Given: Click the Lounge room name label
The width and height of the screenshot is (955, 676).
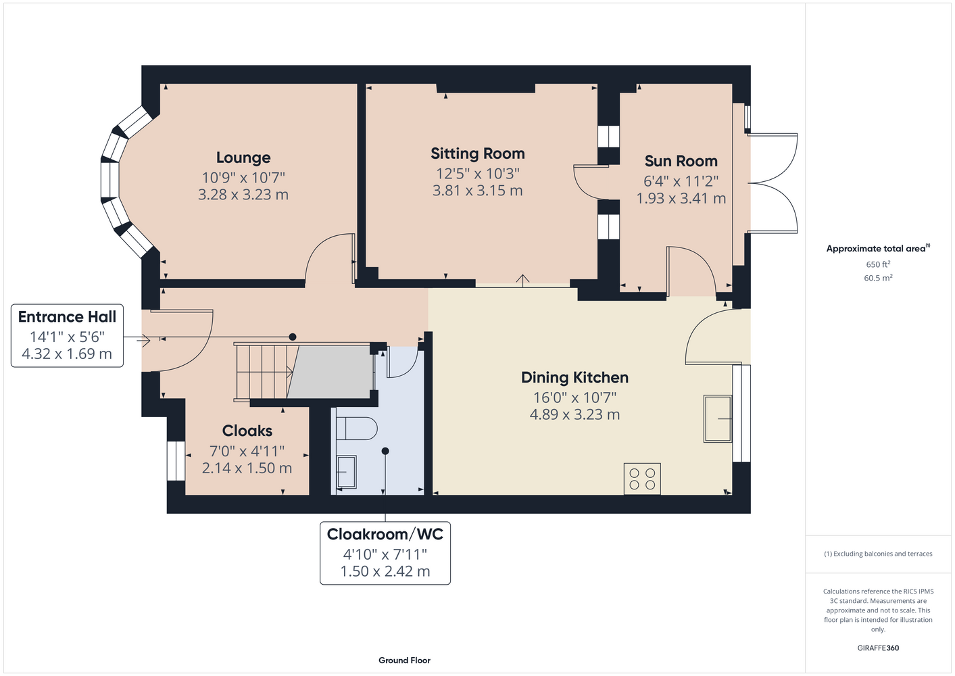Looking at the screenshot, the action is pos(243,158).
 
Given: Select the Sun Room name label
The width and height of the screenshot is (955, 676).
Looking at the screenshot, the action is pos(681,161).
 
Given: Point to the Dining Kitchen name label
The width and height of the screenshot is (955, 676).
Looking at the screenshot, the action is pos(574,378).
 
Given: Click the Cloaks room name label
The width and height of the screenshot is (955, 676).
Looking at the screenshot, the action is pos(247,431).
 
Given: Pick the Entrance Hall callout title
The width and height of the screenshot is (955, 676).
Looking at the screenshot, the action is pos(67,317).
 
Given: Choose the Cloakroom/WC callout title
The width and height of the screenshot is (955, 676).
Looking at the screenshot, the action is pos(385,535).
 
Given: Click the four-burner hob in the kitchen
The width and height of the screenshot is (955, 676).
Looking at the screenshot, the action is pos(642,479).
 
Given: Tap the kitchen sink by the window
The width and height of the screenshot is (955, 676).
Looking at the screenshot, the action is pos(718,418).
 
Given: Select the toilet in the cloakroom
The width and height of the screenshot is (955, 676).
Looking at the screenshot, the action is pos(356,428).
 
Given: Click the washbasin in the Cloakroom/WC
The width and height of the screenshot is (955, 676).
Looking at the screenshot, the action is pos(346,472).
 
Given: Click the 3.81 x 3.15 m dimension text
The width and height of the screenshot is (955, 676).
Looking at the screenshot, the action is pos(477,191).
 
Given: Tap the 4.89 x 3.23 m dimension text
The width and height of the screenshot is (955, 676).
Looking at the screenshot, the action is pos(574,414).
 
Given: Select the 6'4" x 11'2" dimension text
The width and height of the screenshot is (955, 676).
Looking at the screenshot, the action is pos(681,182).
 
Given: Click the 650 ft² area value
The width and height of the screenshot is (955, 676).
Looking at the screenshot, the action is pos(878,264).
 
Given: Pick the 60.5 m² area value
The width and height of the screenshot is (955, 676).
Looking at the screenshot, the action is pos(878,278).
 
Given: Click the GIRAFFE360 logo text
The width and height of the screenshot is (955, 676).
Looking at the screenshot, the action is pos(878,648).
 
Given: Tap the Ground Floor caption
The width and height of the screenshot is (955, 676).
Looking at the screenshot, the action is pos(404,660).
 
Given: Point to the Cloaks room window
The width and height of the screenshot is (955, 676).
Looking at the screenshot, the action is pos(176,460).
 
